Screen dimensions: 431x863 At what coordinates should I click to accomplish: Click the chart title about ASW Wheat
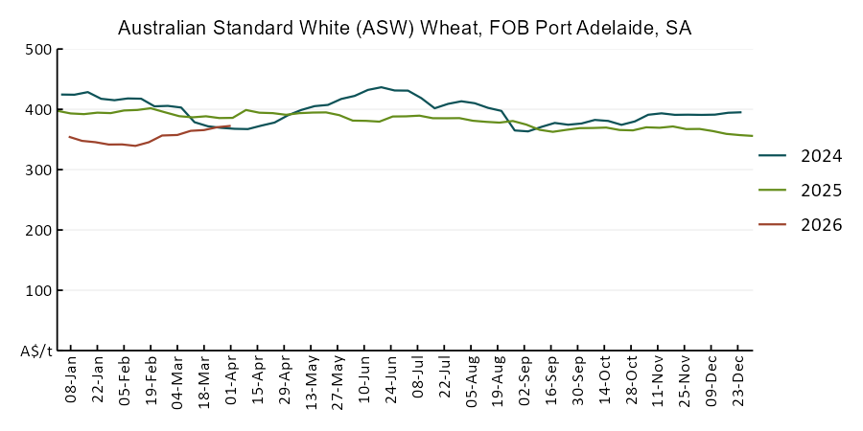(404, 29)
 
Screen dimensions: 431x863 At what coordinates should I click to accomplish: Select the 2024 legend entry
(822, 156)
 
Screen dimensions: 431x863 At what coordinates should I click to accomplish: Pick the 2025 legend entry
(822, 191)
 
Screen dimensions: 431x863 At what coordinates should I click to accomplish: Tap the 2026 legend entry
(822, 225)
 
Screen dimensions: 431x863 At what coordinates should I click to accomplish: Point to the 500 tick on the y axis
(36, 49)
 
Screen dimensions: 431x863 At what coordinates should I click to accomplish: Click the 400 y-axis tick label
(36, 109)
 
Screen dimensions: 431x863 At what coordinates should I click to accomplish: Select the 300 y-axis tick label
(36, 170)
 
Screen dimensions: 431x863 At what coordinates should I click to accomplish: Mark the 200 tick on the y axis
(36, 230)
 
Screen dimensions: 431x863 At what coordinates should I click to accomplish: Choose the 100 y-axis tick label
(36, 290)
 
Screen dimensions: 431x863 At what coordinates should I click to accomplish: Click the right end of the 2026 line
(230, 125)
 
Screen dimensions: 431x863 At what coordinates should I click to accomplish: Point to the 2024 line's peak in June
(382, 87)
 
